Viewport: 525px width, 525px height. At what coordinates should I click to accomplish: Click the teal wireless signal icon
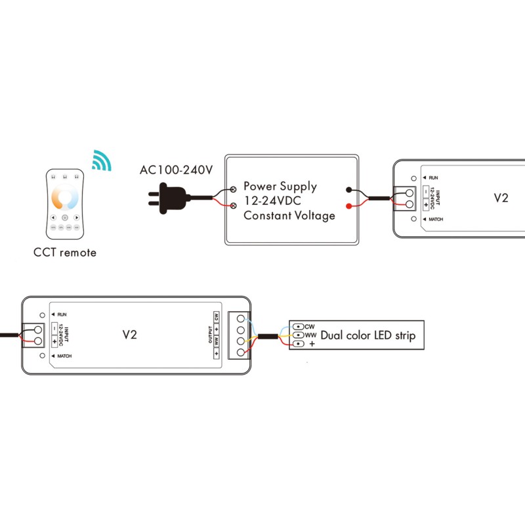pyautogui.click(x=100, y=161)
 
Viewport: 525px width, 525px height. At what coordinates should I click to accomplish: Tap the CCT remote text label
pyautogui.click(x=65, y=253)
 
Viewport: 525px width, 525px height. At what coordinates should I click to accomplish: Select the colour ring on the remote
pyautogui.click(x=65, y=198)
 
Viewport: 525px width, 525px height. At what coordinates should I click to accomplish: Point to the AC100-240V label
pyautogui.click(x=176, y=171)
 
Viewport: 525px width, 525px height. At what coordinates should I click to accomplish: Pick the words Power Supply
pyautogui.click(x=280, y=186)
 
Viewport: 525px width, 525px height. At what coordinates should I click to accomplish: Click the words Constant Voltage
pyautogui.click(x=289, y=215)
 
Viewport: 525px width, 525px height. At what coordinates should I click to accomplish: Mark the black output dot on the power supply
pyautogui.click(x=348, y=190)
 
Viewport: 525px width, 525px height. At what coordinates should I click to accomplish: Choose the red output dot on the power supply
pyautogui.click(x=348, y=206)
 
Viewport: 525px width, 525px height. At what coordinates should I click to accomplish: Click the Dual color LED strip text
pyautogui.click(x=367, y=336)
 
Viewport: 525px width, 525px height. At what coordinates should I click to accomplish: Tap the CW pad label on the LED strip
pyautogui.click(x=310, y=326)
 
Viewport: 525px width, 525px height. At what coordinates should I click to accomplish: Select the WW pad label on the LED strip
pyautogui.click(x=310, y=335)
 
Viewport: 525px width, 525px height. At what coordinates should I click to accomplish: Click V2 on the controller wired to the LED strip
pyautogui.click(x=130, y=334)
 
